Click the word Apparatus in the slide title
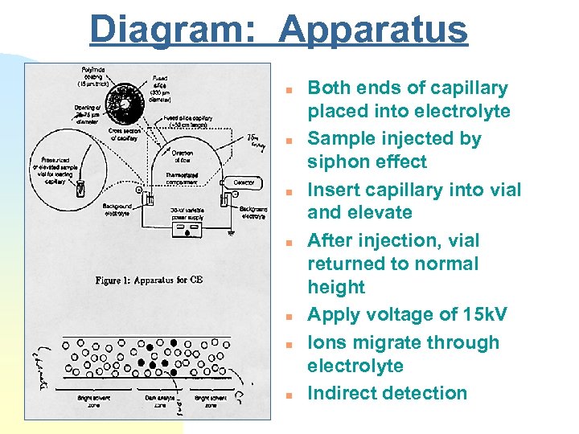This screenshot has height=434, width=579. [x=372, y=30]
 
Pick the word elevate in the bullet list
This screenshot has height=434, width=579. [x=383, y=213]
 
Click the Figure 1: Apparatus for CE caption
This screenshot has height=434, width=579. [x=142, y=280]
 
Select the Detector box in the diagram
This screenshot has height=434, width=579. [x=244, y=183]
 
